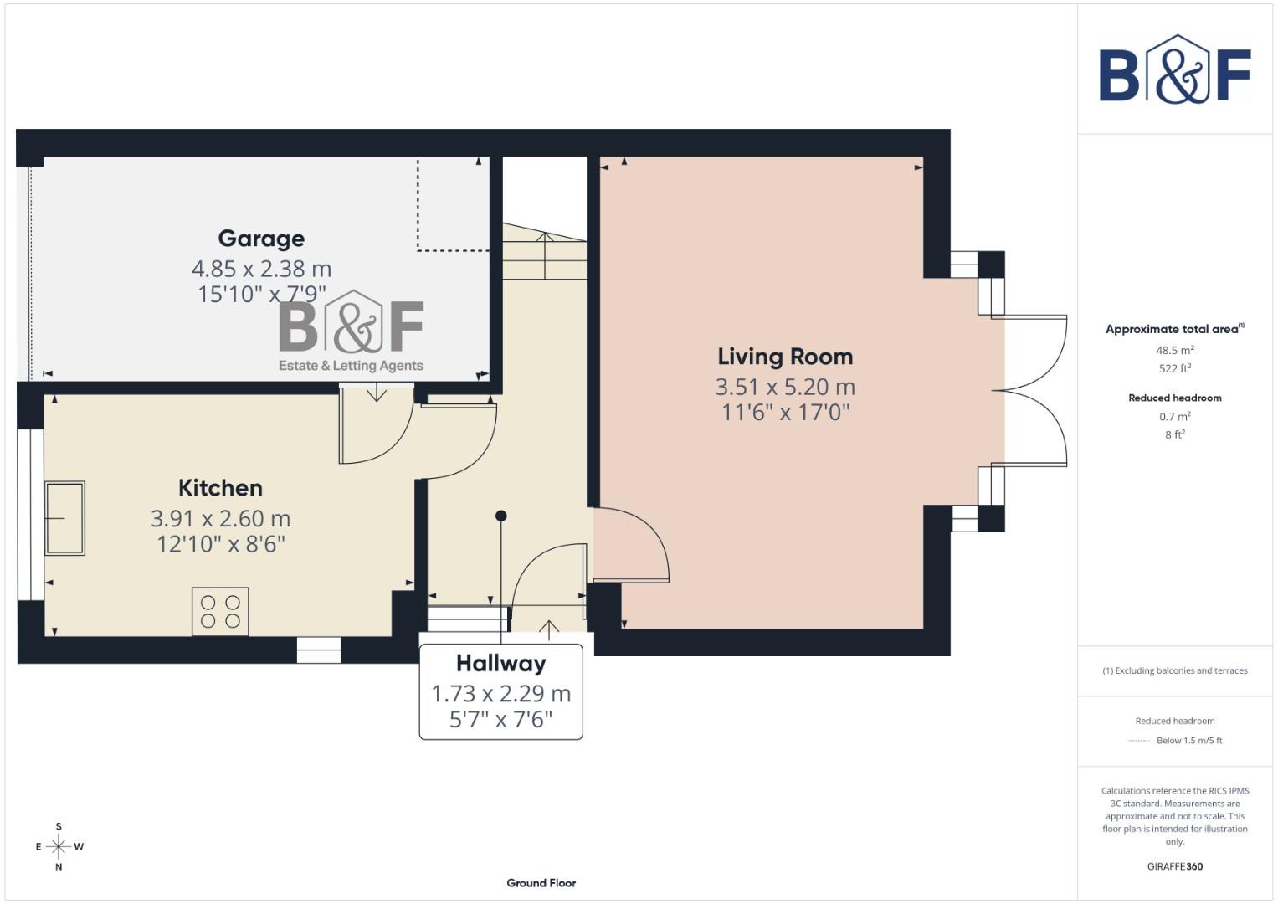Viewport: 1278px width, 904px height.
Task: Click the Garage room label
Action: tap(261, 239)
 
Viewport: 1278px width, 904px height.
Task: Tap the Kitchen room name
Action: tap(220, 488)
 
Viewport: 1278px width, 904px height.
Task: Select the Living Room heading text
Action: tap(785, 357)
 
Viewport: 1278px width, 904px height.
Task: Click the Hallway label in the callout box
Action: tap(500, 664)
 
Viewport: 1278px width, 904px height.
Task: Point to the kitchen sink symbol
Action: tap(64, 518)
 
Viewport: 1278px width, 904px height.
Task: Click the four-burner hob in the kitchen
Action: tap(220, 612)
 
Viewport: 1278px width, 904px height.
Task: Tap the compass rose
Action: tap(59, 846)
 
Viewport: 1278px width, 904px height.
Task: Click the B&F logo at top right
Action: tap(1174, 70)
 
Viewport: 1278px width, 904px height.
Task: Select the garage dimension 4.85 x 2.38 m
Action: tap(261, 269)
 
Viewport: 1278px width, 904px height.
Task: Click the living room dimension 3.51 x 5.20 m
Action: tap(785, 387)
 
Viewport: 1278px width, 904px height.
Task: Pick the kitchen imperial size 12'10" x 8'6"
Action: tap(221, 544)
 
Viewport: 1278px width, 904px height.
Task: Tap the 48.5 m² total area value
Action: tap(1174, 351)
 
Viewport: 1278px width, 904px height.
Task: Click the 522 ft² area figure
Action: tap(1174, 368)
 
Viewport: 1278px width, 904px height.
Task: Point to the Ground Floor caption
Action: tap(541, 883)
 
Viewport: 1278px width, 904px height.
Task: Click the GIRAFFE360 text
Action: tap(1174, 866)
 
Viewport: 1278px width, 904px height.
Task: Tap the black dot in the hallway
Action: tap(501, 516)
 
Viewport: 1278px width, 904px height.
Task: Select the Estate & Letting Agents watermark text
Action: tap(351, 366)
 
